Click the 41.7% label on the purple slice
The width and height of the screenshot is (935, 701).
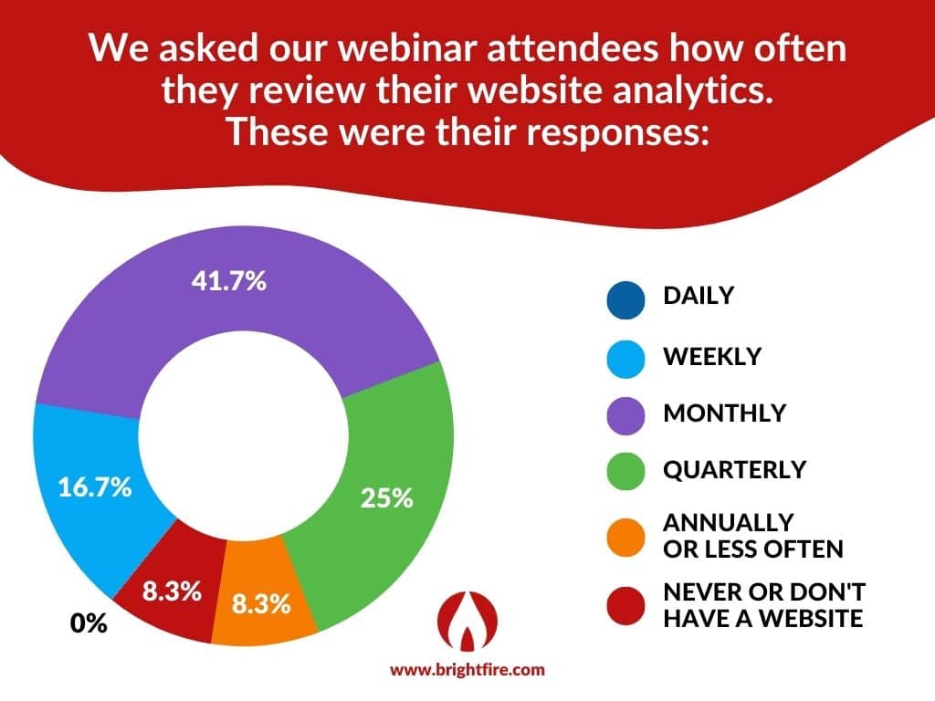coord(229,280)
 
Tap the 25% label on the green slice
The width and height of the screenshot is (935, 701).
coord(386,497)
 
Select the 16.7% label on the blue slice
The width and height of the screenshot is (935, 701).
coord(95,487)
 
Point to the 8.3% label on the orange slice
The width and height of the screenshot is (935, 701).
coord(261,603)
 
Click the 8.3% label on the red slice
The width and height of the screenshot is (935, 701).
coord(172,591)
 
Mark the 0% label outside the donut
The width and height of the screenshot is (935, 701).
coord(89,623)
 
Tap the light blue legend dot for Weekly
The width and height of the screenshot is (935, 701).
coord(625,360)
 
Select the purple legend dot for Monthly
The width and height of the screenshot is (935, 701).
coord(625,415)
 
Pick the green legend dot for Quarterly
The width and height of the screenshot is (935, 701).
coord(625,471)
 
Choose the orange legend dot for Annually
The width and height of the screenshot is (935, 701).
coord(625,538)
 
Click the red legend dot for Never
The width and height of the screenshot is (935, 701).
coord(625,606)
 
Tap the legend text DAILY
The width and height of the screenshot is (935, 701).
coord(699,296)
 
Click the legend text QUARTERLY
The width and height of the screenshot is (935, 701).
coord(735,470)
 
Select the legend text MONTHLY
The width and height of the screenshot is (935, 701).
coord(724,413)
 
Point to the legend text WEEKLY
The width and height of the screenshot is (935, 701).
coord(712,357)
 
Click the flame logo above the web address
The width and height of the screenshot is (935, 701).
coord(467,621)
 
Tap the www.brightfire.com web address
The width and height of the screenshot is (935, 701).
coord(467,670)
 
